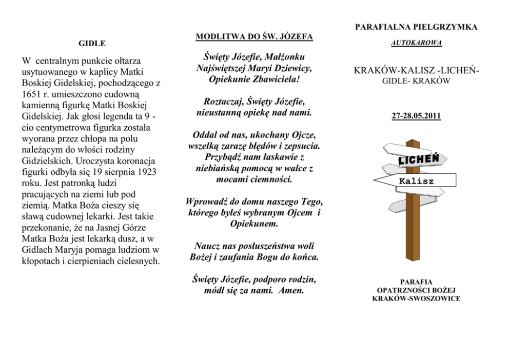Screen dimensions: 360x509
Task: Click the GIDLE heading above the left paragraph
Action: [89, 44]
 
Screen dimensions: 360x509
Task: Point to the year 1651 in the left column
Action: [30, 94]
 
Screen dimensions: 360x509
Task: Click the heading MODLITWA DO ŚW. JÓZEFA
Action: [254, 37]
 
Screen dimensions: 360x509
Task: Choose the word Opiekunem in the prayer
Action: [254, 224]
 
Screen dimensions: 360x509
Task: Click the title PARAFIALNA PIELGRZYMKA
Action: [416, 27]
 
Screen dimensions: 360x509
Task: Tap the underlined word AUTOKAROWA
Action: [416, 43]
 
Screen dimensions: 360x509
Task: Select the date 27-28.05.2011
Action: [416, 116]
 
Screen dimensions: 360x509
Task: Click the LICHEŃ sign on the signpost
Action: [418, 161]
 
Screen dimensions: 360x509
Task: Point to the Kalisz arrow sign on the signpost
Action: [416, 181]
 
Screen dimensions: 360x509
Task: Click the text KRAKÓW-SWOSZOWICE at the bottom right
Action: [416, 298]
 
